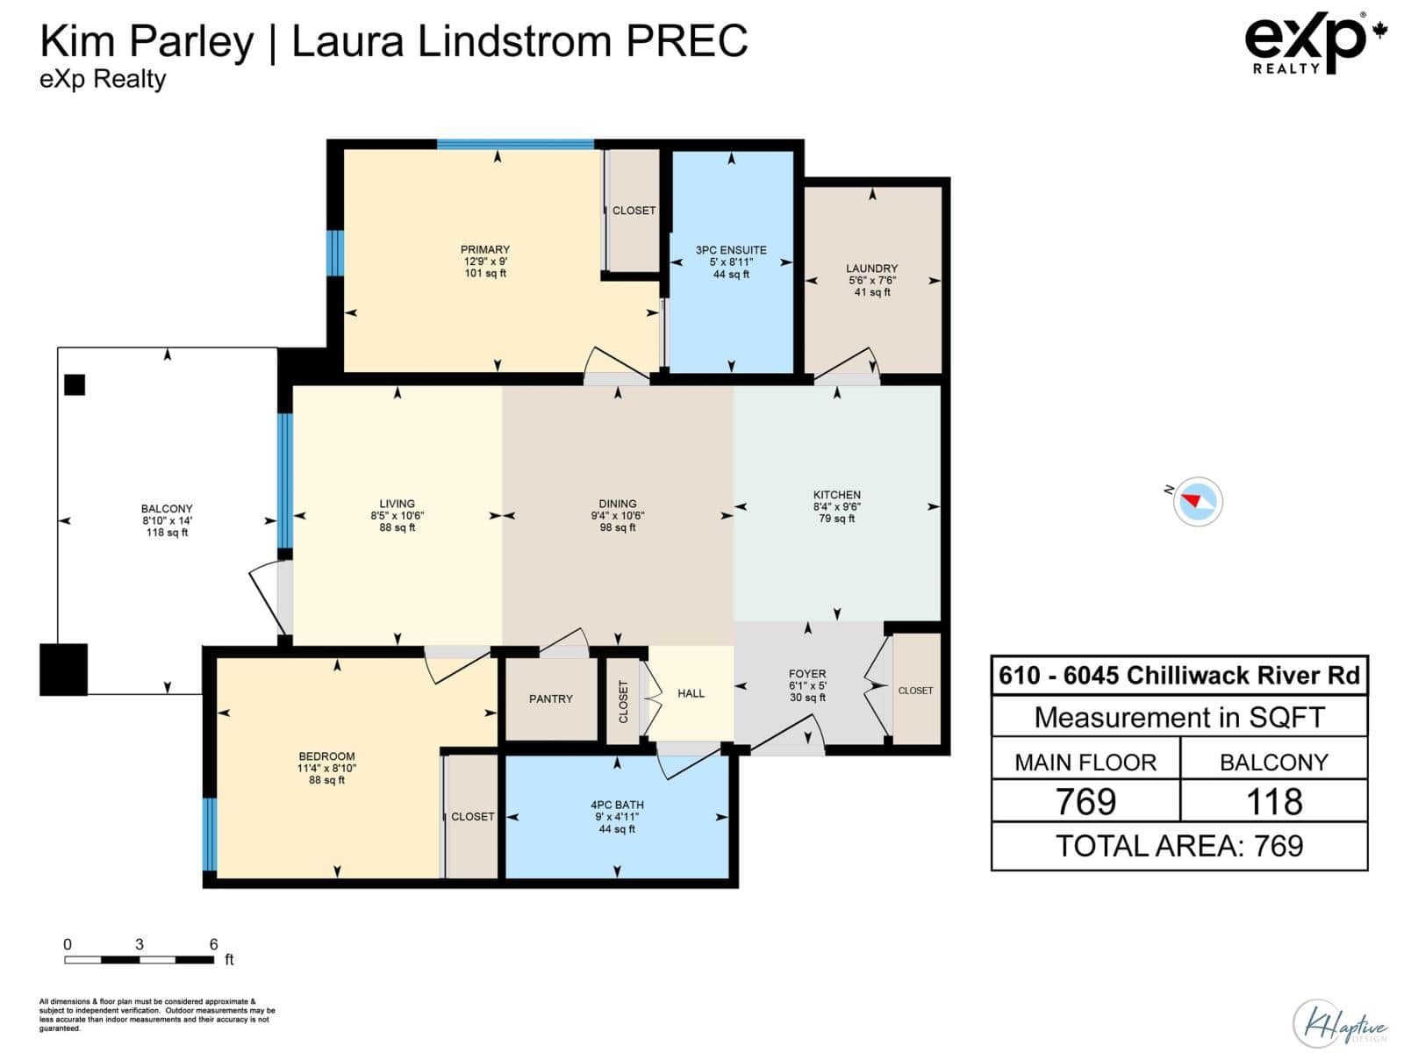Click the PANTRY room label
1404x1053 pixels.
click(x=550, y=698)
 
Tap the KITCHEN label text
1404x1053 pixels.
click(x=836, y=495)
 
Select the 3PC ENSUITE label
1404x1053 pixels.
click(x=730, y=250)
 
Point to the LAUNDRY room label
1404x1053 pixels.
click(x=871, y=269)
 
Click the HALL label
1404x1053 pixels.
click(x=691, y=693)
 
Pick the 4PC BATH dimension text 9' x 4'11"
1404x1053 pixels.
click(x=617, y=817)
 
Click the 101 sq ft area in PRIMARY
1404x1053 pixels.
click(x=485, y=274)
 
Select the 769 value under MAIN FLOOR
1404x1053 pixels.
click(x=1085, y=801)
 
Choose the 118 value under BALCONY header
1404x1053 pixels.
click(x=1273, y=801)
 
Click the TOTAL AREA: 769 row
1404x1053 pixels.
click(x=1178, y=846)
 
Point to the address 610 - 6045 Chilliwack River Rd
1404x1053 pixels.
click(x=1178, y=675)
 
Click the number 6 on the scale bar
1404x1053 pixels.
click(x=213, y=944)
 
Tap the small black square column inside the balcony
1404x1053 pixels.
click(x=75, y=385)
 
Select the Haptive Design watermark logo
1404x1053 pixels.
click(x=1339, y=1023)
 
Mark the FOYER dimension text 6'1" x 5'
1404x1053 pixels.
click(x=807, y=685)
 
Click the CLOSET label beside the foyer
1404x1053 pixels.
click(x=914, y=691)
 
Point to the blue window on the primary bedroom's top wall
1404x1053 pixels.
click(x=515, y=144)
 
